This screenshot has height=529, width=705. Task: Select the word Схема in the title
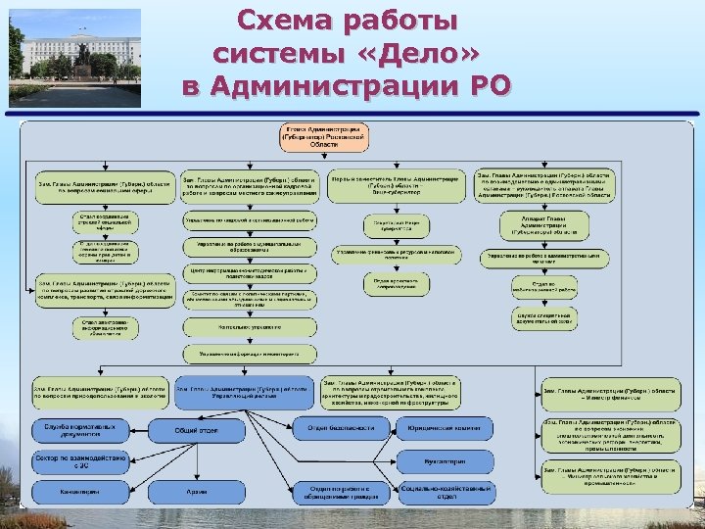(294, 20)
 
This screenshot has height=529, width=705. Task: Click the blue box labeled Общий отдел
(196, 430)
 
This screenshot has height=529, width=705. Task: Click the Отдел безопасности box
(341, 428)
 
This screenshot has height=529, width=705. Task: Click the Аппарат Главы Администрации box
(545, 226)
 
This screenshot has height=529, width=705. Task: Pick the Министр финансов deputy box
(611, 394)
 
